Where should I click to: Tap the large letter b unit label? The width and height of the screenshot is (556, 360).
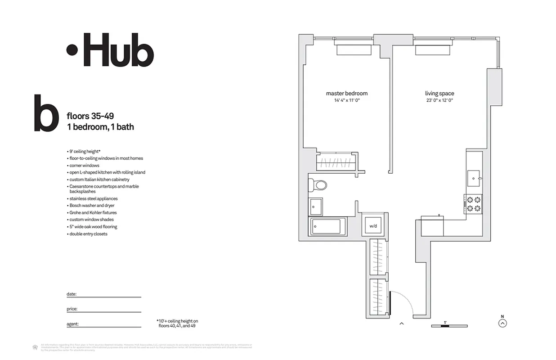[46, 113]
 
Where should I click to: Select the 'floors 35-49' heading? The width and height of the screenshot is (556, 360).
[90, 117]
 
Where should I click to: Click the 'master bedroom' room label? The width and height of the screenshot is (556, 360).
[346, 94]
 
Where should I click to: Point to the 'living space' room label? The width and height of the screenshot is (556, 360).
[439, 94]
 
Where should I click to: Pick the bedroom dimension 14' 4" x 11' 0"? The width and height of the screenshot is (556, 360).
[346, 100]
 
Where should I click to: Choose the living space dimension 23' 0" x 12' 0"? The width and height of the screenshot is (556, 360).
[439, 100]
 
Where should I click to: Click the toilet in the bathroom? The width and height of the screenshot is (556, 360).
[318, 184]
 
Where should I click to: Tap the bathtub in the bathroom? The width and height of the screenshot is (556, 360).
[327, 226]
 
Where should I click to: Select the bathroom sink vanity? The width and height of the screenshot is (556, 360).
[316, 207]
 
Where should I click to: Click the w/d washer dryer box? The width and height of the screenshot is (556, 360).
[373, 225]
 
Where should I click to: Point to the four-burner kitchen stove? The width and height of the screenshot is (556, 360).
[473, 204]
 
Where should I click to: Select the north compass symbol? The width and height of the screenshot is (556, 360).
[502, 323]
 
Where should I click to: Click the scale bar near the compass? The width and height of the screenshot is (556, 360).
[449, 325]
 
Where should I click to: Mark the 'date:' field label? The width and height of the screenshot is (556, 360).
[72, 294]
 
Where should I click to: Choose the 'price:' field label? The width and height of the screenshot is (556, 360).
[72, 309]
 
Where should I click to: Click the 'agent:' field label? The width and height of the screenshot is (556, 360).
[72, 324]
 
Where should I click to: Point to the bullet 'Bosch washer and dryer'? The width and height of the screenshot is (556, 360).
[92, 206]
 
